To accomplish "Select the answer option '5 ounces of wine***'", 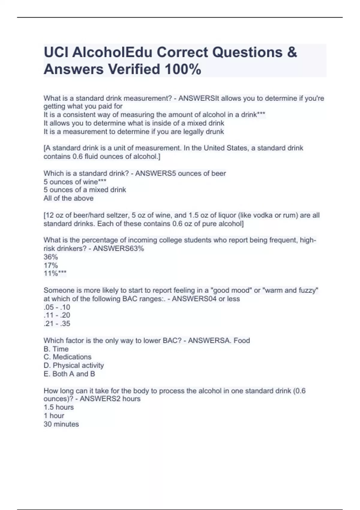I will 75,181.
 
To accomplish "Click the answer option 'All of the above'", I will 68,198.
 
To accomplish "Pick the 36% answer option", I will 51,257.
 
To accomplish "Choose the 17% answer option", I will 51,265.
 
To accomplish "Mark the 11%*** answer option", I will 55,273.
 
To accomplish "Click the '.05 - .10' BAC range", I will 57,307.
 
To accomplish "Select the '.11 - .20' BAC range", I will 57,315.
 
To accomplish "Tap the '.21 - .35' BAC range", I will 57,324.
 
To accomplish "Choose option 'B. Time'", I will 56,349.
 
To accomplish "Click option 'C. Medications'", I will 67,357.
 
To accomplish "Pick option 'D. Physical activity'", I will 74,365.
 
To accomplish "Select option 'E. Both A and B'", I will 69,374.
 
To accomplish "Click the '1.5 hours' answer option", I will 58,407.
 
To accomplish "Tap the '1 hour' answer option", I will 54,416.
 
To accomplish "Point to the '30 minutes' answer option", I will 61,424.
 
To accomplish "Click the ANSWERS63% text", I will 118,249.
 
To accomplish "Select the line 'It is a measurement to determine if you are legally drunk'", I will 134,132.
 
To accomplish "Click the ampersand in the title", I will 292,52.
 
